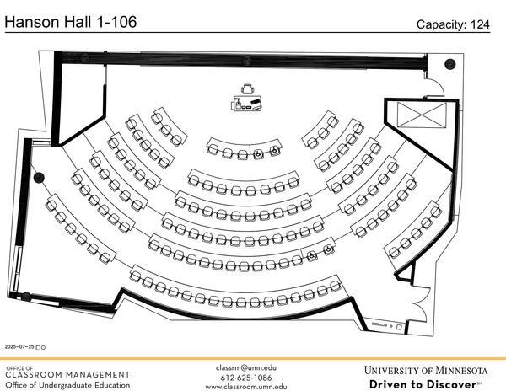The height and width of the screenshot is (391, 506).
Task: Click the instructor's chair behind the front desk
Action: (x=249, y=87)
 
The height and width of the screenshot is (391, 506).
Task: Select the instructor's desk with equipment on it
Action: (x=249, y=103)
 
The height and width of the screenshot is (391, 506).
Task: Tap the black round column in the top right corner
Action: (x=449, y=64)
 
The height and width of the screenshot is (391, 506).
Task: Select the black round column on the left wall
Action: (x=38, y=178)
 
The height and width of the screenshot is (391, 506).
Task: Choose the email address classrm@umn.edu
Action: (x=246, y=367)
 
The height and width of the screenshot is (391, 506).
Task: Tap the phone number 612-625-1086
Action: (x=246, y=378)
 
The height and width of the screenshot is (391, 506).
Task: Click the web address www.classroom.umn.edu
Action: (x=246, y=386)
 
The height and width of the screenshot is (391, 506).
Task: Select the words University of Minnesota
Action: (x=426, y=370)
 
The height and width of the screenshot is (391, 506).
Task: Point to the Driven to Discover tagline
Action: (x=422, y=384)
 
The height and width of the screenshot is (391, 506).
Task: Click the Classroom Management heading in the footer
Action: (x=67, y=374)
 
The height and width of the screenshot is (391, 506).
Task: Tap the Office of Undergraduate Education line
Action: (x=67, y=385)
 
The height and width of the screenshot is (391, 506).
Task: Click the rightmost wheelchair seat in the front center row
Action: (x=275, y=153)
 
